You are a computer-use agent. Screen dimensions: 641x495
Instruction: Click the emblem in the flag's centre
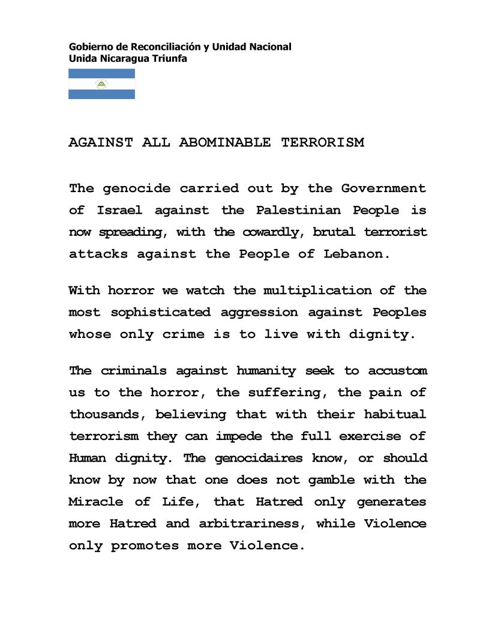[x=101, y=84]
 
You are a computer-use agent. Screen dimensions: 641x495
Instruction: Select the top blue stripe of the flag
[x=101, y=74]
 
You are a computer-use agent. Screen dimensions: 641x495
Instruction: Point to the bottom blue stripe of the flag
[x=101, y=94]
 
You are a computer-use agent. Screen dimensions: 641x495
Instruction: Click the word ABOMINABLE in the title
[x=225, y=143]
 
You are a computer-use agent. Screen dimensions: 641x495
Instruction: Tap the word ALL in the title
[x=156, y=143]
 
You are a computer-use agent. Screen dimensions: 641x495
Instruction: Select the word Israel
[x=120, y=210]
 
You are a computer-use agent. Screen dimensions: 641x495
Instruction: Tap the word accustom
[x=397, y=371]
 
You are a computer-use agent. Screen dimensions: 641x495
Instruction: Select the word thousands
[x=107, y=414]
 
